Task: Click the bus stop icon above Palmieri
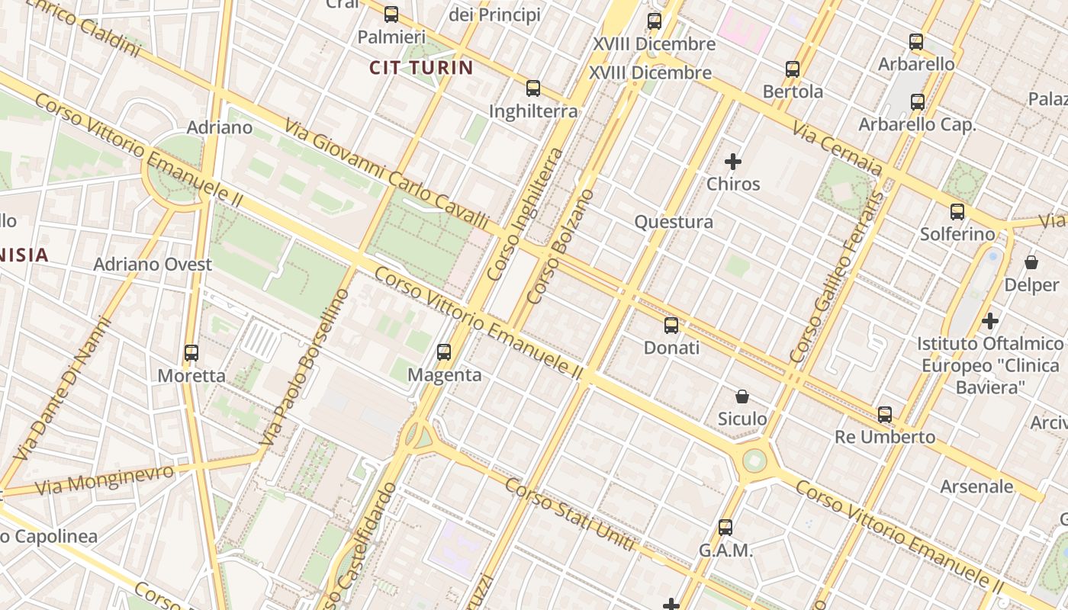pyautogui.click(x=391, y=14)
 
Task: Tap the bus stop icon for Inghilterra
pyautogui.click(x=533, y=88)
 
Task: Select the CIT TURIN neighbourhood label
pyautogui.click(x=421, y=68)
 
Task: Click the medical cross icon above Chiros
pyautogui.click(x=733, y=162)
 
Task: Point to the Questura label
pyautogui.click(x=674, y=222)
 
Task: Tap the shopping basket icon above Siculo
pyautogui.click(x=742, y=396)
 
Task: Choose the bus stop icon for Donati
pyautogui.click(x=671, y=326)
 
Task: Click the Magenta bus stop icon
pyautogui.click(x=444, y=352)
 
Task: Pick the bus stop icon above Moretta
pyautogui.click(x=191, y=353)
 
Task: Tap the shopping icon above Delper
pyautogui.click(x=1031, y=262)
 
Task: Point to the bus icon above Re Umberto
pyautogui.click(x=885, y=415)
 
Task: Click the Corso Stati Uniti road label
pyautogui.click(x=570, y=515)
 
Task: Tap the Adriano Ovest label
pyautogui.click(x=153, y=265)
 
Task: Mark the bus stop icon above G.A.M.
pyautogui.click(x=725, y=528)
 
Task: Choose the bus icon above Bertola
pyautogui.click(x=793, y=69)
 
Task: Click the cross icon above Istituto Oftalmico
pyautogui.click(x=990, y=321)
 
